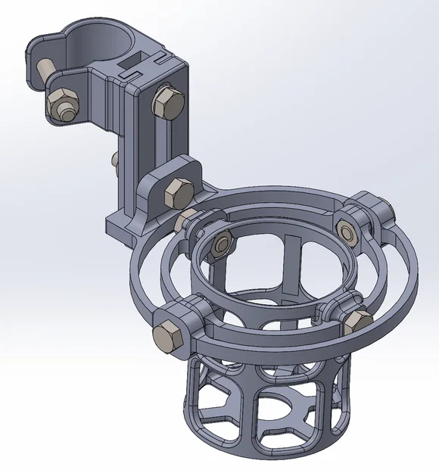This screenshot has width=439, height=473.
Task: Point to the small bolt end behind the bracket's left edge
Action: (x=114, y=160)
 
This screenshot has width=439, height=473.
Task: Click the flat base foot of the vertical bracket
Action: (x=121, y=225)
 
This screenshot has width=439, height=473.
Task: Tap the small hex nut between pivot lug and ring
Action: (x=185, y=220)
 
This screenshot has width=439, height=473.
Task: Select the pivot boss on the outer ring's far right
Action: (x=384, y=213)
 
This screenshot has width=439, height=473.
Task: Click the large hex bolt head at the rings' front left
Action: (x=167, y=335)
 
